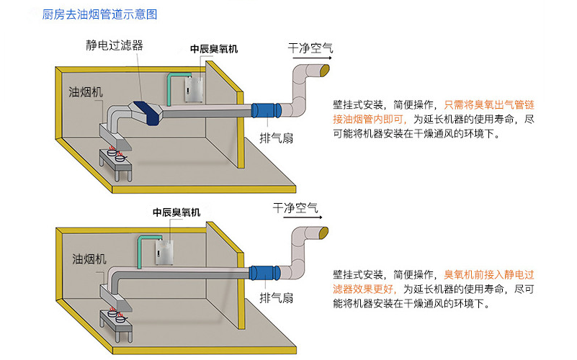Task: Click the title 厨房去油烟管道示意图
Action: [105, 14]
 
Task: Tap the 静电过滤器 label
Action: [115, 45]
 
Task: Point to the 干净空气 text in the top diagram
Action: [310, 48]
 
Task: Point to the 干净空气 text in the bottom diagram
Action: [295, 208]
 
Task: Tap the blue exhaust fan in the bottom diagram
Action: [262, 273]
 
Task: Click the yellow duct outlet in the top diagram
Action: [326, 70]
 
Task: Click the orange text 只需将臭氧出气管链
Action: [489, 104]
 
